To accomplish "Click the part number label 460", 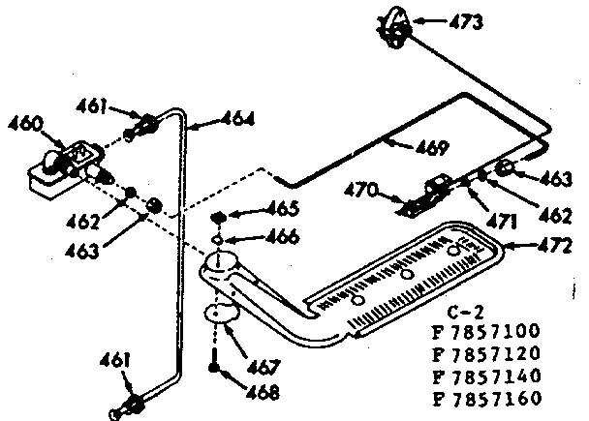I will pyautogui.click(x=25, y=124).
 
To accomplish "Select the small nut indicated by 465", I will pyautogui.click(x=221, y=216).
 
